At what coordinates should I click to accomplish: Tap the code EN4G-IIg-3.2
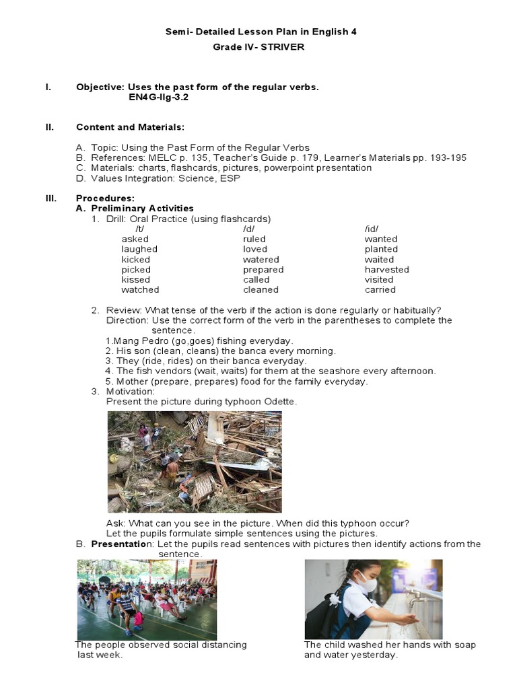point(159,98)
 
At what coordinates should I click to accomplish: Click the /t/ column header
point(140,229)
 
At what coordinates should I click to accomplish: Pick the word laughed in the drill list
point(139,249)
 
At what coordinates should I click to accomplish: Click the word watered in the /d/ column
point(261,259)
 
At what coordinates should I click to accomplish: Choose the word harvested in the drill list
point(386,269)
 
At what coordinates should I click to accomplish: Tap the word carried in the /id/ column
point(380,290)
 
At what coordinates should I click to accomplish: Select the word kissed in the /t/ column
point(136,279)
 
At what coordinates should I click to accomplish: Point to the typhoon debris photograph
point(195,462)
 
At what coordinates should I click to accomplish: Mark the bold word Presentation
point(118,544)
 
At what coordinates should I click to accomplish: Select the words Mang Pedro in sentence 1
point(136,341)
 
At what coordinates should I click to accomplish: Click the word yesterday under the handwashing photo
point(377,655)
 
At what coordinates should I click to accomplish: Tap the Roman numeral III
point(50,198)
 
